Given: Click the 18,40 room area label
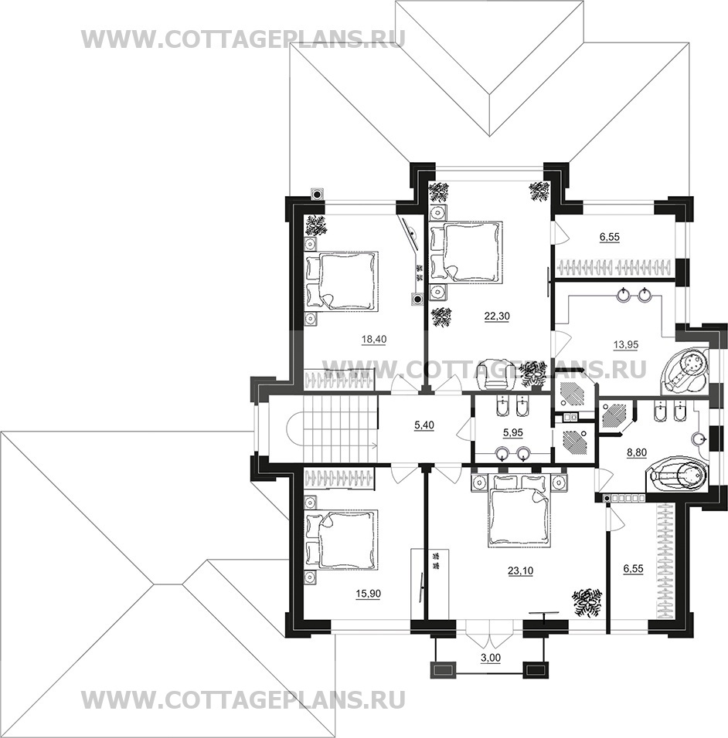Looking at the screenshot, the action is pos(373,339).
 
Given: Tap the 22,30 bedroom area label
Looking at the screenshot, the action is pos(497,317).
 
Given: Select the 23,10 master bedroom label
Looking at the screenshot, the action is pos(520,571).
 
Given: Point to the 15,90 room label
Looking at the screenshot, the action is pos(368,594).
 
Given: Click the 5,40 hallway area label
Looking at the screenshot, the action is pos(424,425).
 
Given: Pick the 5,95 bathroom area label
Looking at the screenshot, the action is pos(512,432).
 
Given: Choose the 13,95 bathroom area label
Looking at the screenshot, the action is pos(626,344).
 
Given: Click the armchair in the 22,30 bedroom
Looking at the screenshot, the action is pos(495,374).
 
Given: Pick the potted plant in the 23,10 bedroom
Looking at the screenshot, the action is pos(587,601).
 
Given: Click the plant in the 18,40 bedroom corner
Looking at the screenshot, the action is pos(317,225).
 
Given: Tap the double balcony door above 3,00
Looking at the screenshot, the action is pos(490,633).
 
